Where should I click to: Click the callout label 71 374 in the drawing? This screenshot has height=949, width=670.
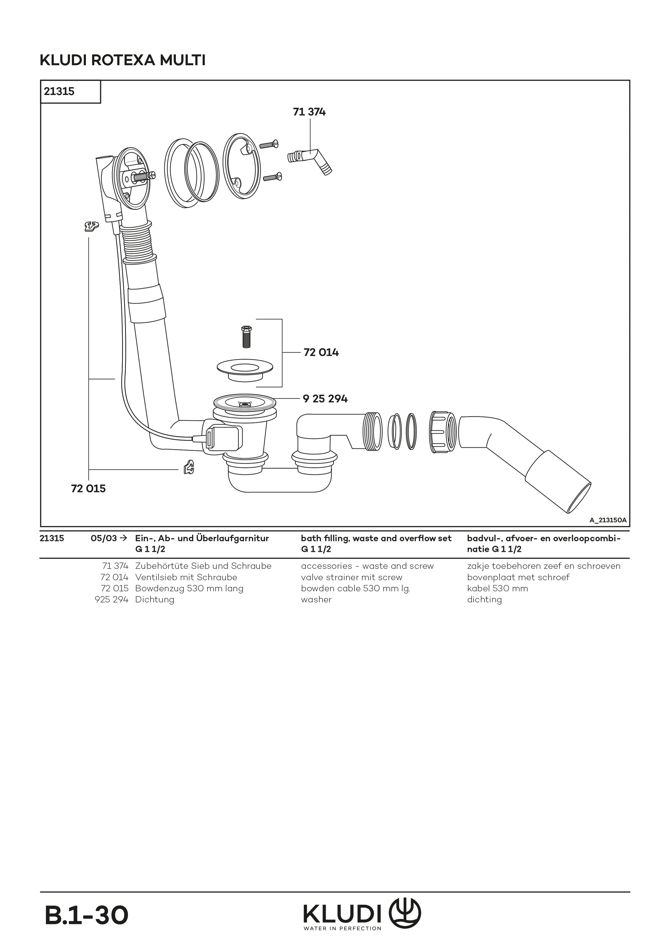309,112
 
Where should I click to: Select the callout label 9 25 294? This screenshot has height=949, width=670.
325,399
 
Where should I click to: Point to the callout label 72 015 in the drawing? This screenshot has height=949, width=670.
88,489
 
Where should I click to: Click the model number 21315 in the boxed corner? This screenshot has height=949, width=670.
59,91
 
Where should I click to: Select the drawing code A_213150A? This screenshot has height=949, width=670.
608,520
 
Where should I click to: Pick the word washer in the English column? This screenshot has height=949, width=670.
316,600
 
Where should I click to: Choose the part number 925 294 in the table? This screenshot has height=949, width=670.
112,600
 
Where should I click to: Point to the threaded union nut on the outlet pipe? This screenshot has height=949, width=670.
443,432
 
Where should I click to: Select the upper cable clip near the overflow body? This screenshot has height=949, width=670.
91,226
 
